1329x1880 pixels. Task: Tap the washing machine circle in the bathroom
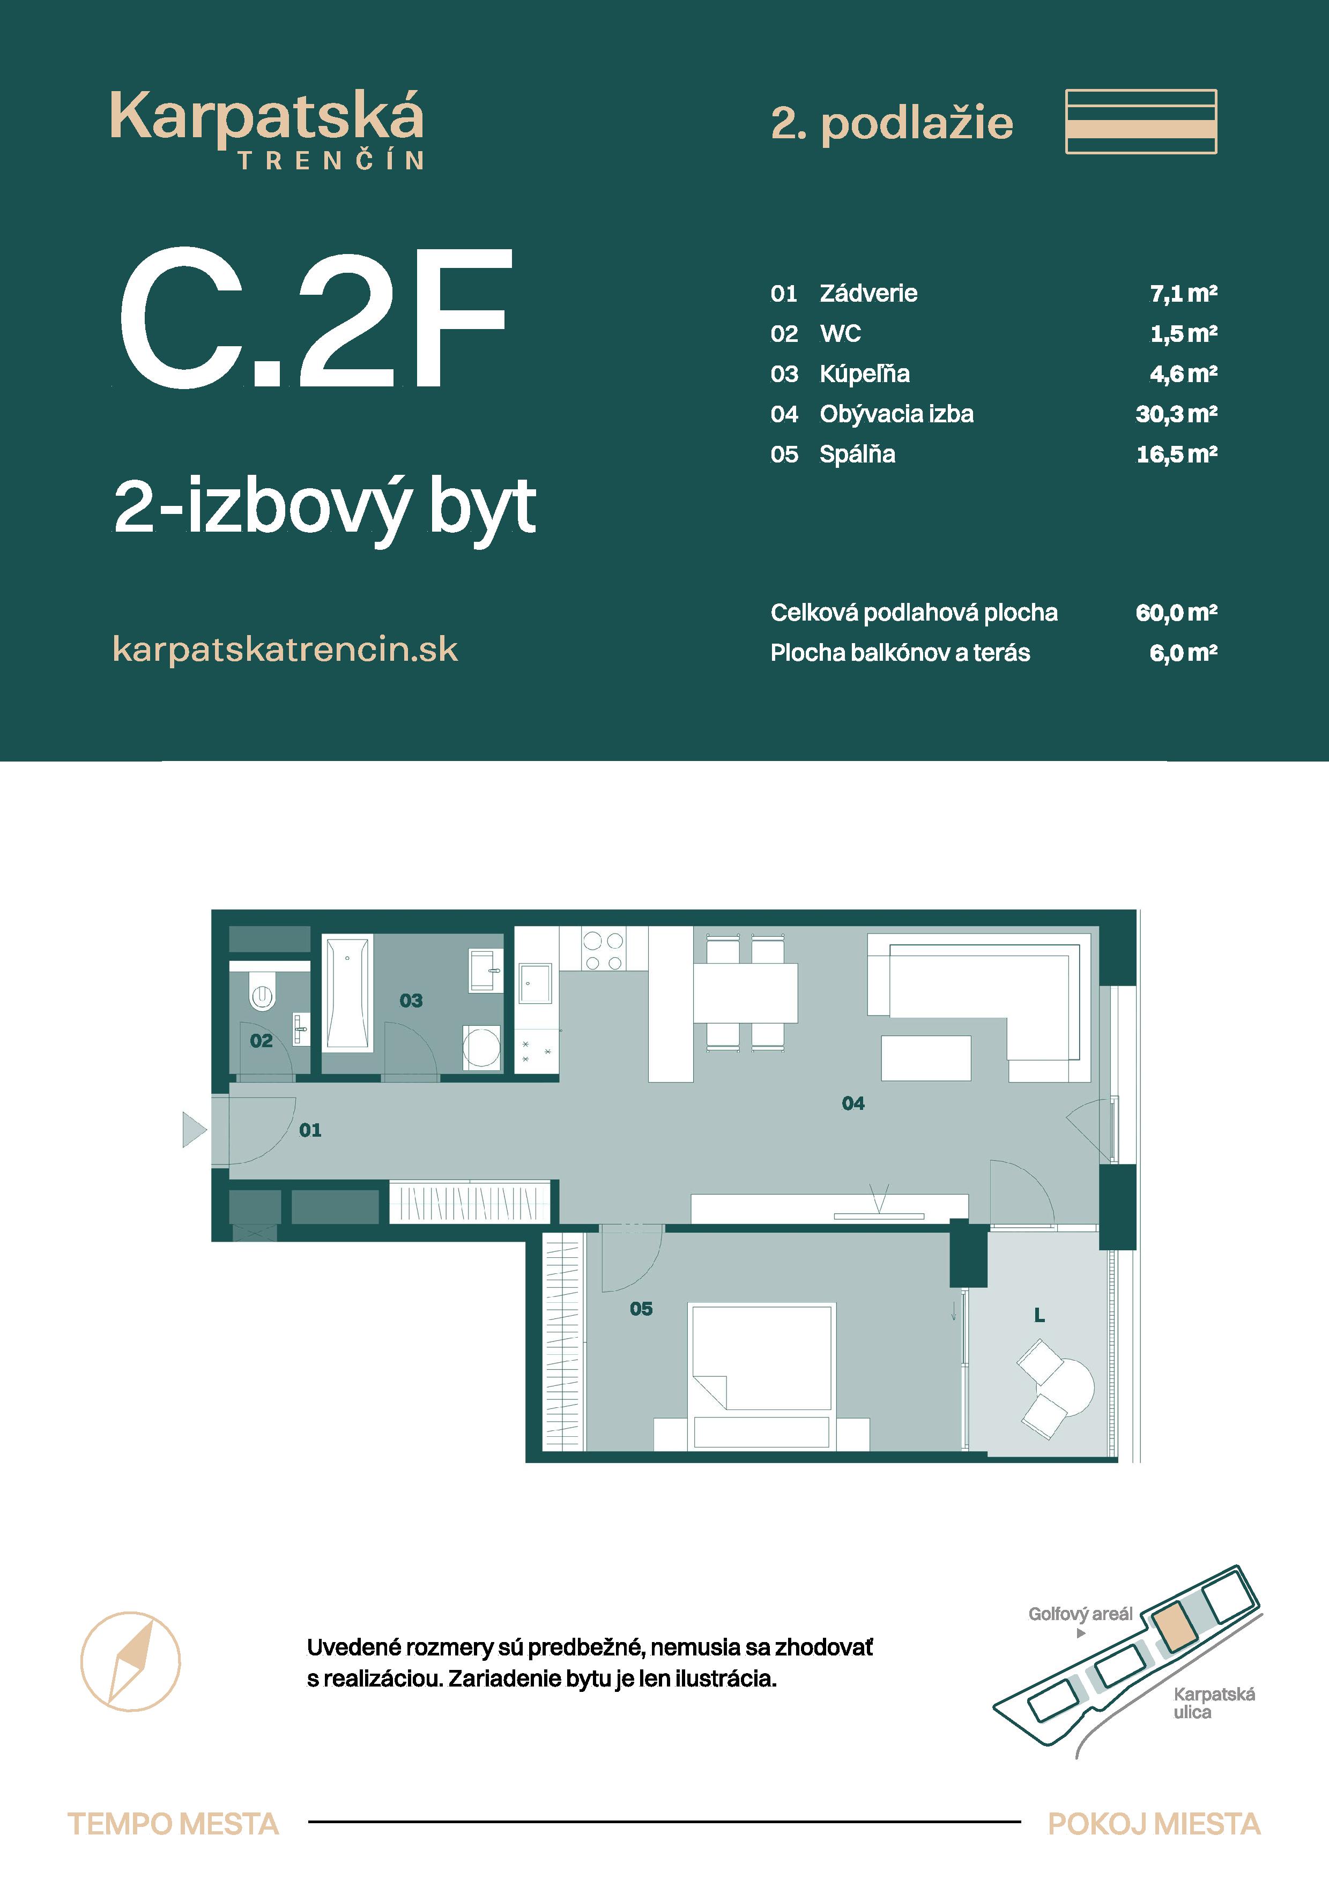coord(481,1047)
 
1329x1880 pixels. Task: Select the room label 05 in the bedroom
coord(641,1309)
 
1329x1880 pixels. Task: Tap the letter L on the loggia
coord(1039,1316)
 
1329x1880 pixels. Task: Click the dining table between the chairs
coord(745,993)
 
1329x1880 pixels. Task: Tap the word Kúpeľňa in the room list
coord(865,374)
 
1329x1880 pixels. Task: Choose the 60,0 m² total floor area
coord(1176,613)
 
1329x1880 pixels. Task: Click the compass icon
coord(130,1661)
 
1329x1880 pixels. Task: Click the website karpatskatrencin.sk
coord(285,650)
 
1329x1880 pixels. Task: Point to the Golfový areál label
coord(1080,1614)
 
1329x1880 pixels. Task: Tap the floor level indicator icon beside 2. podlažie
coord(1141,122)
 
